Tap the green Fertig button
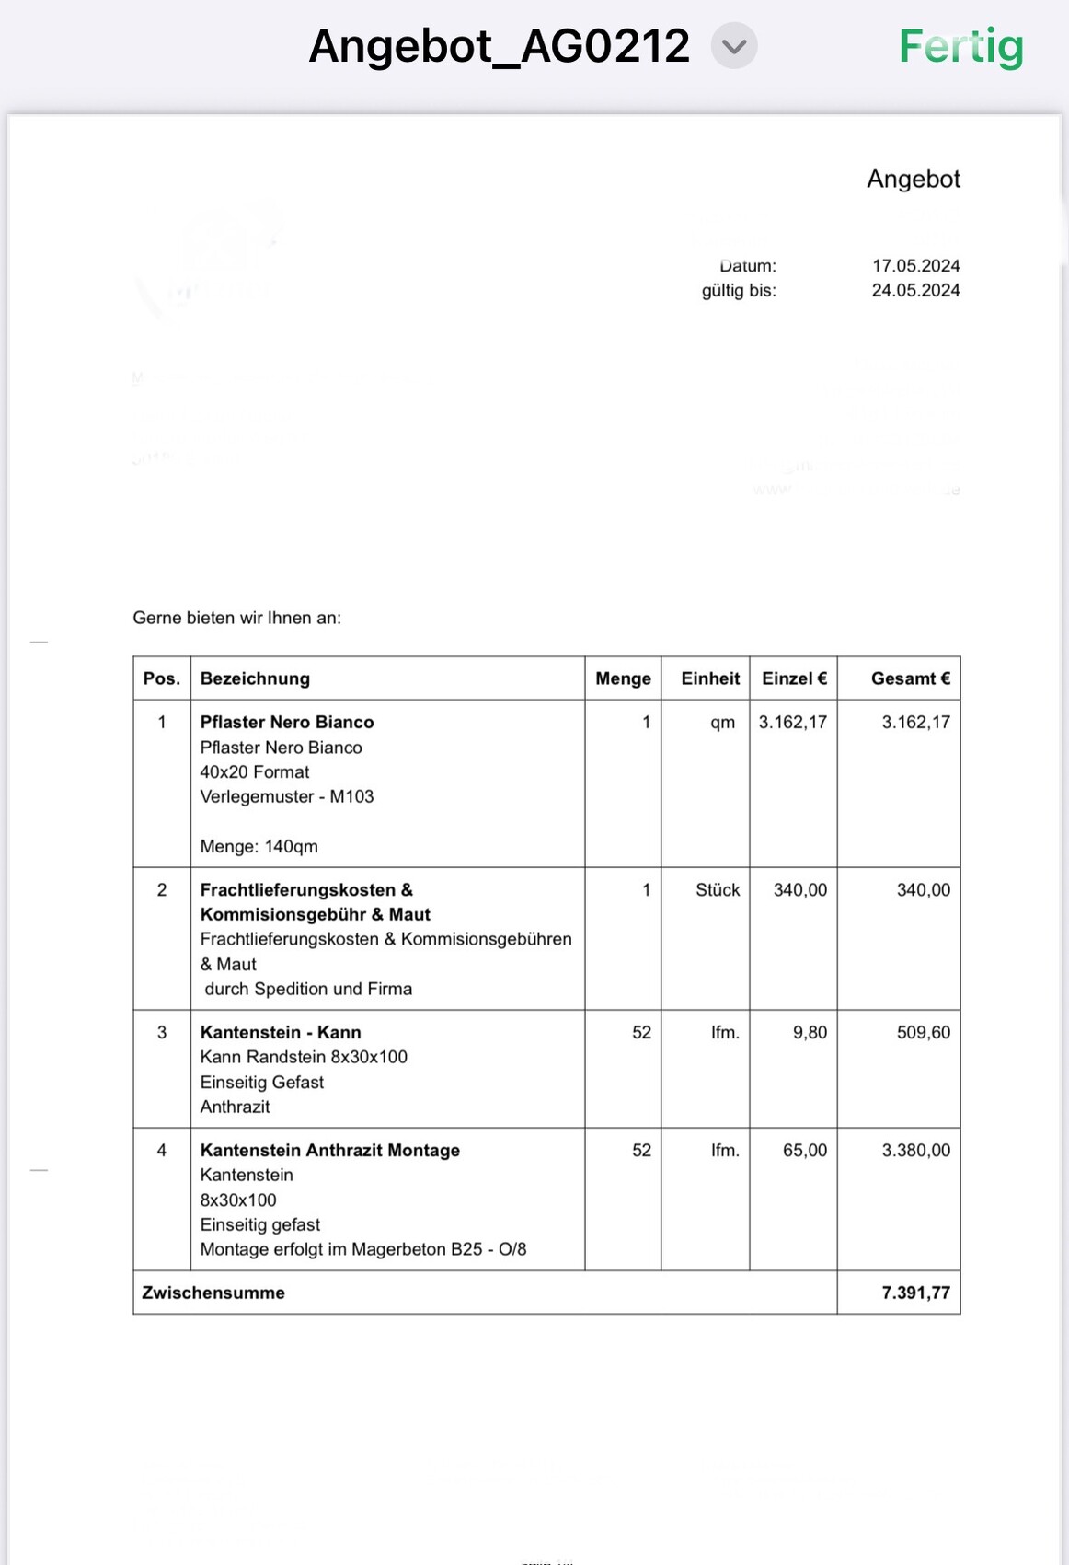pos(960,46)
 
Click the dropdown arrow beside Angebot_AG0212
pos(733,46)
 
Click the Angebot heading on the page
pos(913,179)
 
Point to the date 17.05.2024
pos(915,266)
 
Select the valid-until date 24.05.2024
pos(915,291)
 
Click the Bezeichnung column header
pos(255,678)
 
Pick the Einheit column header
pos(709,678)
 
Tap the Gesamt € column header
pos(910,678)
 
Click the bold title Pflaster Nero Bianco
pos(287,722)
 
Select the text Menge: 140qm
pos(259,846)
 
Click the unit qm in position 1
pos(722,722)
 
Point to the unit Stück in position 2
pos(717,890)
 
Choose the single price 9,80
pos(810,1033)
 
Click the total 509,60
pos(923,1033)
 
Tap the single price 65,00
pos(804,1151)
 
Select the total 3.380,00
pos(915,1151)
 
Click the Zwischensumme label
pos(213,1293)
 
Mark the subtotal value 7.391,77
pos(915,1293)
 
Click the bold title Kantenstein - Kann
pos(281,1033)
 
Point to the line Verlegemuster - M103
pos(287,796)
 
